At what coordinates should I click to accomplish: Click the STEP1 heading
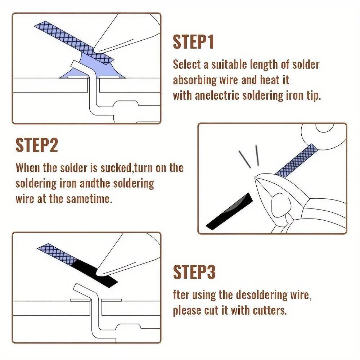(193, 42)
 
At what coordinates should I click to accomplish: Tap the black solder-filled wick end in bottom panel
(95, 270)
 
